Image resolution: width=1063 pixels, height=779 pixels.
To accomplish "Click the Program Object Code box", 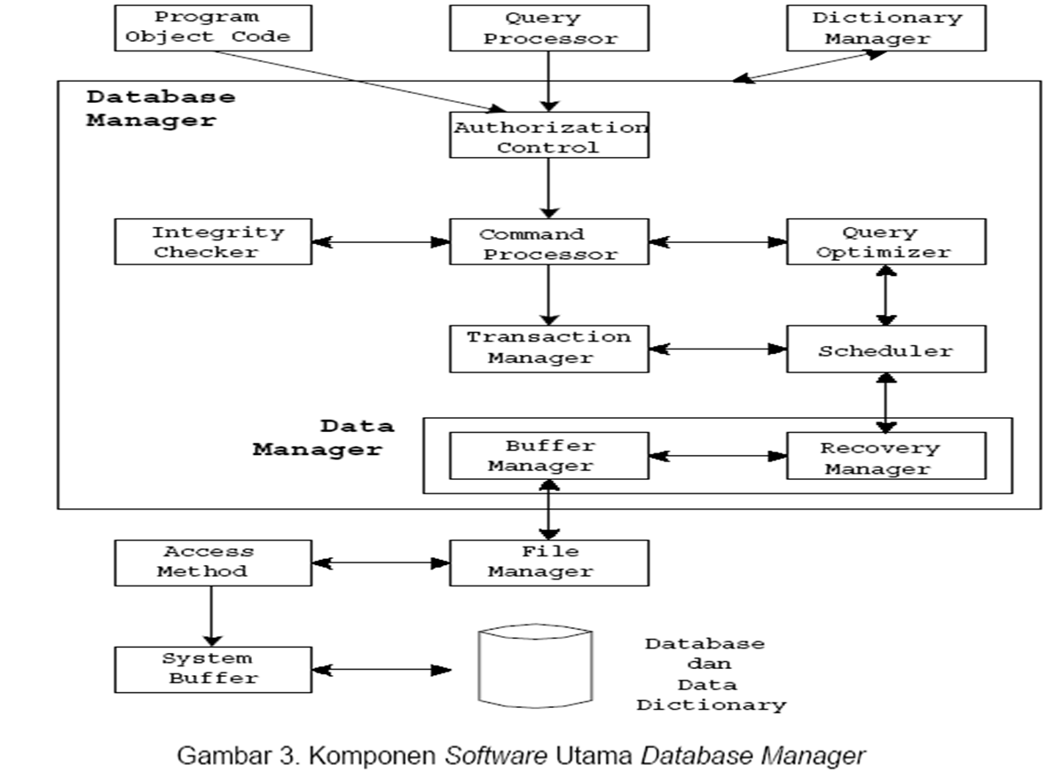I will [213, 28].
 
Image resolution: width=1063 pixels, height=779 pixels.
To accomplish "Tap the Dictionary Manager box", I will [886, 28].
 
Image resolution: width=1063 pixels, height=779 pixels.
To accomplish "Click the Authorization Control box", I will [549, 136].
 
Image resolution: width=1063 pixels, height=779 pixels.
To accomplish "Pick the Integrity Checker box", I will [213, 242].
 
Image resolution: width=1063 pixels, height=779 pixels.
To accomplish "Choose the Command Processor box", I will [549, 242].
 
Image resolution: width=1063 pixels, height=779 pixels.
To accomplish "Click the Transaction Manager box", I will [549, 348].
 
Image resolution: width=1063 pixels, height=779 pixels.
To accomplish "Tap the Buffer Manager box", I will [549, 455].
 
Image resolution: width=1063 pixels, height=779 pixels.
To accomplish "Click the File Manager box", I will [549, 562].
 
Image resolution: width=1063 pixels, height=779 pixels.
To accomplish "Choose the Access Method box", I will [213, 562].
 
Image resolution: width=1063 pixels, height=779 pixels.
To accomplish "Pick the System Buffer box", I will [213, 669].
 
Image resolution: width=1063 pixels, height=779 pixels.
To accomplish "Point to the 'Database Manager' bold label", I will [160, 108].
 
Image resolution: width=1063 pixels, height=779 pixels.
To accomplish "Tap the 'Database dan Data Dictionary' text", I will [710, 674].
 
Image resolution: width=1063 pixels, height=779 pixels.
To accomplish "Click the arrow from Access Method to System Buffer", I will [211, 615].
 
